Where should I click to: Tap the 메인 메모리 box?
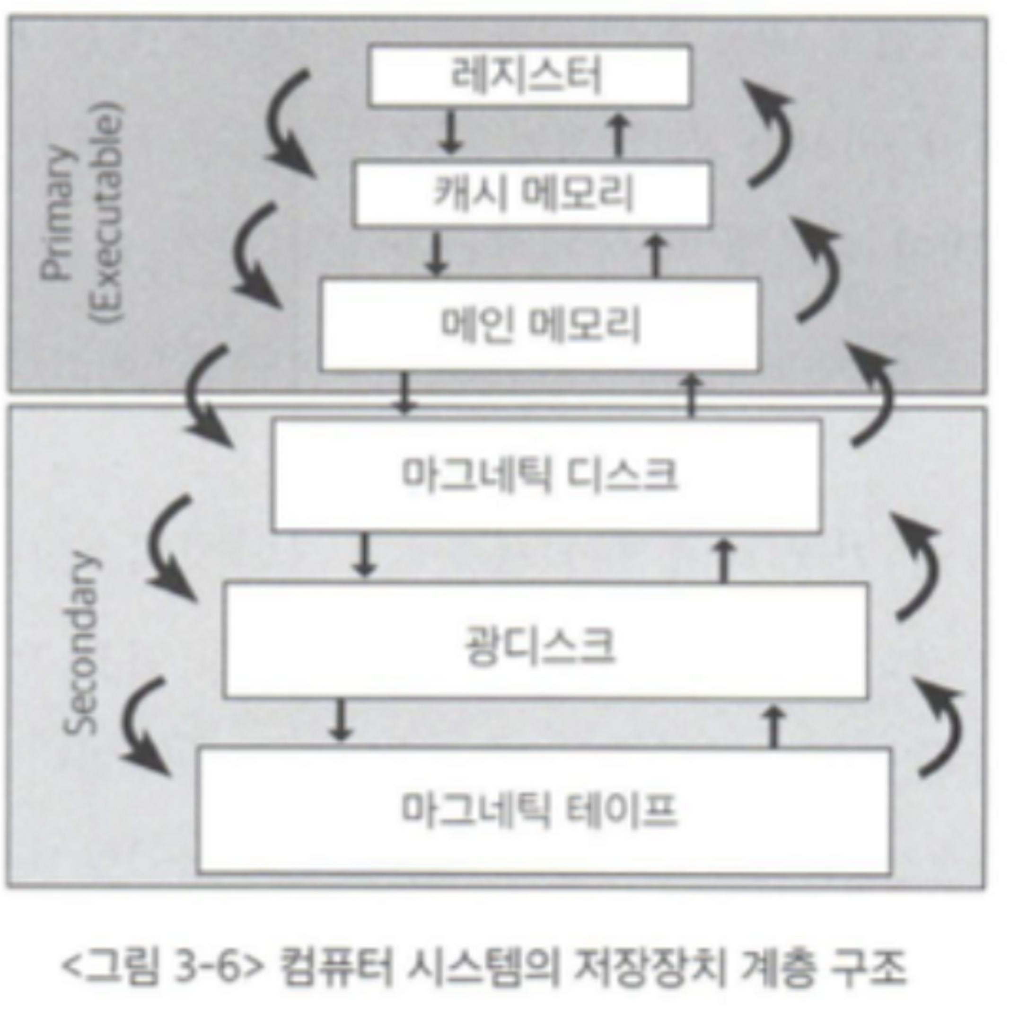[x=540, y=324]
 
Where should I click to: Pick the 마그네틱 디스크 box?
[x=546, y=475]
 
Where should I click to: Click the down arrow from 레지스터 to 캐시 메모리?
[x=449, y=132]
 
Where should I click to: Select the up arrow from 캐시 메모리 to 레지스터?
[x=619, y=136]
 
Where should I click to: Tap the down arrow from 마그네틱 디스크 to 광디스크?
[x=364, y=555]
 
